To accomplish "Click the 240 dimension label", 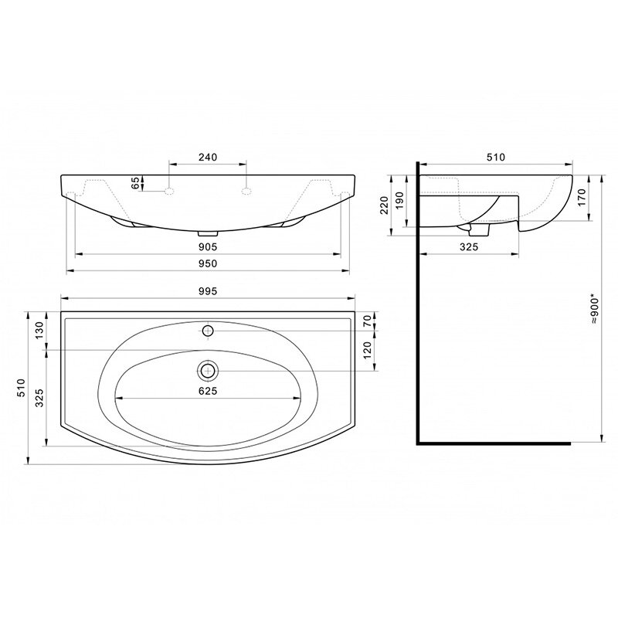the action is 208,157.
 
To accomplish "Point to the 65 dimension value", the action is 135,183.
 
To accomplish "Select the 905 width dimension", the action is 208,246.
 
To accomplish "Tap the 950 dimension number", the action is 208,263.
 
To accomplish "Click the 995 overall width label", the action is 208,291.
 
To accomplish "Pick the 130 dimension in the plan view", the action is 39,331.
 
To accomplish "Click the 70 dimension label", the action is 368,321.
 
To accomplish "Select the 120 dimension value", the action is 368,351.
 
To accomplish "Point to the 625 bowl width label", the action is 208,391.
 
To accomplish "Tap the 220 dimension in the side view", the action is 384,205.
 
